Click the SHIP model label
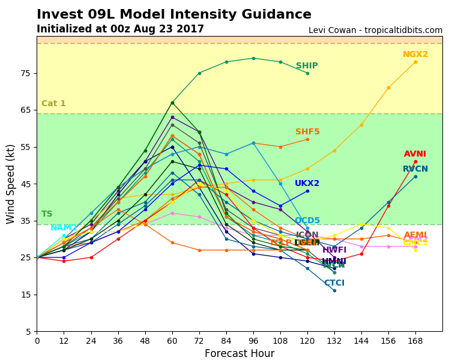pyautogui.click(x=307, y=66)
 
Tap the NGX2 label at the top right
pyautogui.click(x=415, y=55)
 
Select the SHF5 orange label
pyautogui.click(x=307, y=132)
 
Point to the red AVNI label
pyautogui.click(x=415, y=154)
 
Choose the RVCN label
pyautogui.click(x=415, y=169)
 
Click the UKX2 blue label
pyautogui.click(x=307, y=184)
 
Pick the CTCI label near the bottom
pyautogui.click(x=334, y=283)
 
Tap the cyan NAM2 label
pyautogui.click(x=64, y=228)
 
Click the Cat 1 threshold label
pyautogui.click(x=53, y=104)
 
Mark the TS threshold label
pyautogui.click(x=47, y=214)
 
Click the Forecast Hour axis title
pyautogui.click(x=240, y=353)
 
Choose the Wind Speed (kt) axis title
pyautogui.click(x=11, y=184)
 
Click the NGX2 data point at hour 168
pyautogui.click(x=415, y=62)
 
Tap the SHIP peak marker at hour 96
pyautogui.click(x=253, y=58)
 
